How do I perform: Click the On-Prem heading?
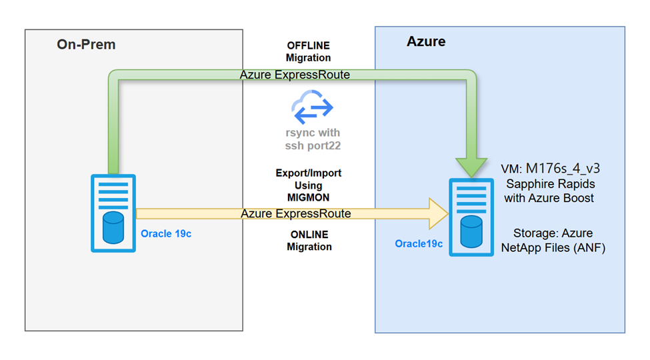[86, 45]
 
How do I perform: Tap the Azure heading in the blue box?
[426, 42]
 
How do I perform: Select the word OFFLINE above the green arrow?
[308, 45]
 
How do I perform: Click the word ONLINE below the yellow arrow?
[309, 235]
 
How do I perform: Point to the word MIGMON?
[309, 197]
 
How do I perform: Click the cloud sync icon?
[312, 109]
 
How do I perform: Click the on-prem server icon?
[113, 213]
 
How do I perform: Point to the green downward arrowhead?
[471, 165]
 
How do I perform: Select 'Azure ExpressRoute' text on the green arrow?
[295, 75]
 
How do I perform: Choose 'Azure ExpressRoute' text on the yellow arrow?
[295, 213]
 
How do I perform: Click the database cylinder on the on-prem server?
[113, 226]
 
